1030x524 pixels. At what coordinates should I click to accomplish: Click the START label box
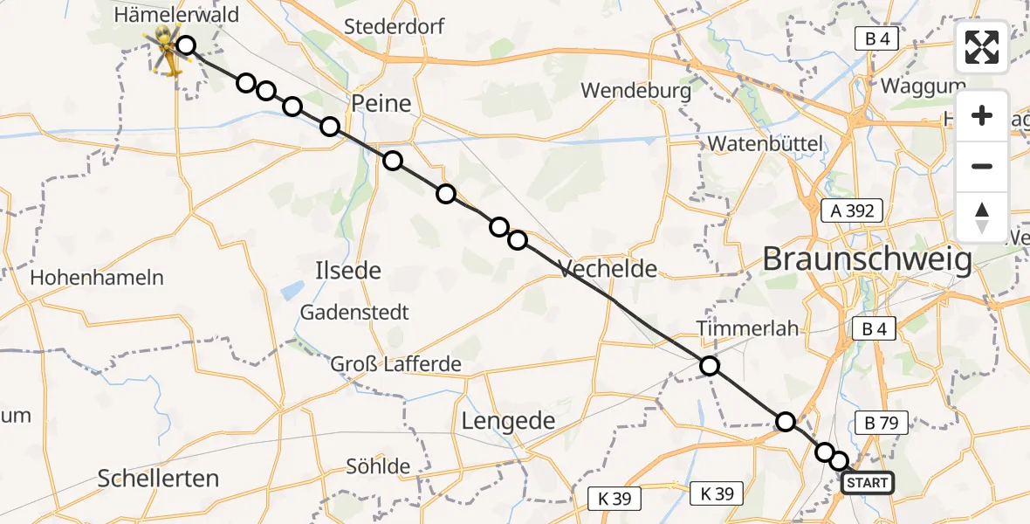pos(867,483)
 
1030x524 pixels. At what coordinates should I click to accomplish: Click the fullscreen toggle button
pos(982,47)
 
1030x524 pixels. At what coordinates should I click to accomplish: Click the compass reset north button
pos(982,217)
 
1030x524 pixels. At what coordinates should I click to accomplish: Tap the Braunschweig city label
pos(867,259)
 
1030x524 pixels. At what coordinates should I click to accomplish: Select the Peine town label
pos(381,104)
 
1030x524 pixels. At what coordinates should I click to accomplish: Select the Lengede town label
pos(508,421)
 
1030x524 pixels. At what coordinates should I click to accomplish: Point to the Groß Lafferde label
pos(395,364)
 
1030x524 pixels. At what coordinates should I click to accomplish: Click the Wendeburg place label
pos(635,90)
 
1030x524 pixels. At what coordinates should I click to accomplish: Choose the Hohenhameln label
pos(97,278)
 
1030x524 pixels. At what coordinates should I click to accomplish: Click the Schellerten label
pos(159,478)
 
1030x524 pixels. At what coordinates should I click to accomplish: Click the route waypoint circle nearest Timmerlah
pos(710,366)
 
